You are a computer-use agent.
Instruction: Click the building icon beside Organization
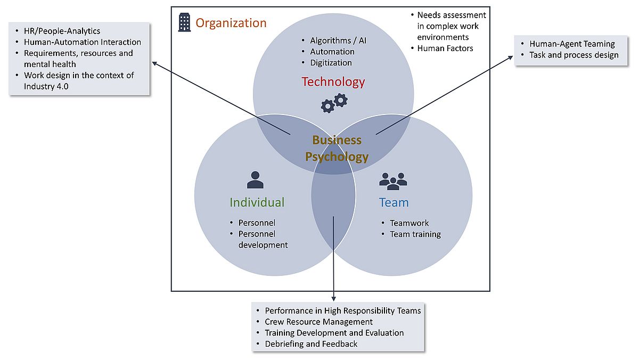(184, 22)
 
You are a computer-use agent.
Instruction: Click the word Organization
(231, 23)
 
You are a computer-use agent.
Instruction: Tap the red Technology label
(333, 81)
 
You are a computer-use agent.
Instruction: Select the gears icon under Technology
(334, 103)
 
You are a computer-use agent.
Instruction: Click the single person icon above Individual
(255, 180)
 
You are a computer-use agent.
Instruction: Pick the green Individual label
(257, 202)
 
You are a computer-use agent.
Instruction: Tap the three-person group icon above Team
(393, 181)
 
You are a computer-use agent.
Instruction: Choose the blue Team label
(394, 202)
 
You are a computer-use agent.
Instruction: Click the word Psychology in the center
(337, 157)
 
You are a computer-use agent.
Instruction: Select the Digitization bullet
(331, 62)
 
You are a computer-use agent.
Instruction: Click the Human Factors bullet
(445, 48)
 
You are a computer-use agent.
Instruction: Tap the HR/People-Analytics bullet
(62, 31)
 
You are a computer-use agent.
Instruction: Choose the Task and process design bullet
(574, 55)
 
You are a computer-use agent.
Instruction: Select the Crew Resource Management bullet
(318, 322)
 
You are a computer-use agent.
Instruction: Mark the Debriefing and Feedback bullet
(311, 344)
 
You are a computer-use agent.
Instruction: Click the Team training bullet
(415, 234)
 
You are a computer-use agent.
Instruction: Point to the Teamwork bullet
(409, 223)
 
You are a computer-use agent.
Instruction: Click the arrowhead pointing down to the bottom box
(334, 298)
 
